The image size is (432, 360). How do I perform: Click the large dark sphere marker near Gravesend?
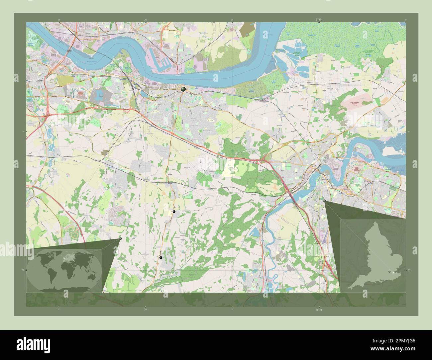183,89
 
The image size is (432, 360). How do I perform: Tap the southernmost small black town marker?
161,258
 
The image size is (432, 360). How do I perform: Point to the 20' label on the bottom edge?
146,309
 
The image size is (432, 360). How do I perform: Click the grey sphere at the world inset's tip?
120,238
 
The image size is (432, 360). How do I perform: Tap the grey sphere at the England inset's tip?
325,201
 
